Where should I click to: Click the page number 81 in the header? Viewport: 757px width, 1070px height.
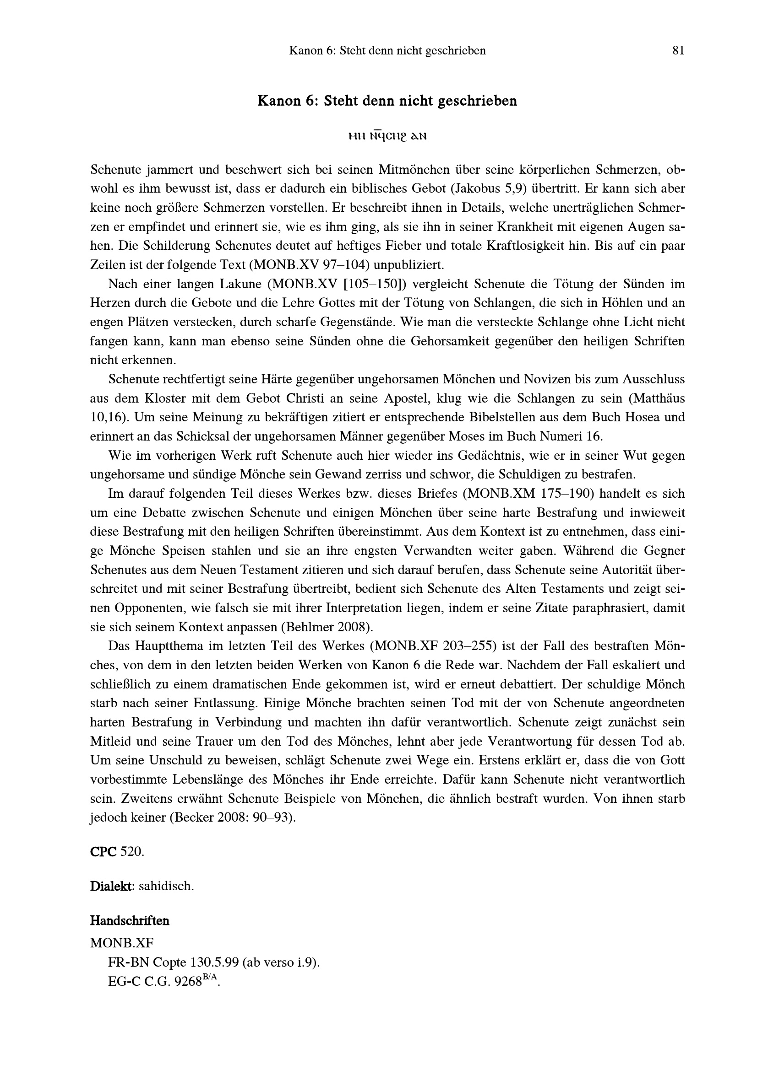(x=678, y=51)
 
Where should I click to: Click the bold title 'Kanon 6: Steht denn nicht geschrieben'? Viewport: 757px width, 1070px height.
(x=387, y=101)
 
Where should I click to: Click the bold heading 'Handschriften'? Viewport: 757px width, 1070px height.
(x=130, y=921)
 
